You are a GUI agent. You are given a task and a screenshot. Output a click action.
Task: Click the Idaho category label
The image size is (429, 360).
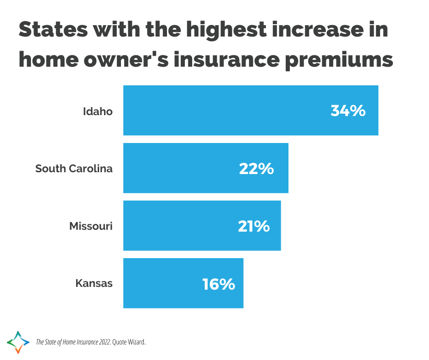pyautogui.click(x=98, y=111)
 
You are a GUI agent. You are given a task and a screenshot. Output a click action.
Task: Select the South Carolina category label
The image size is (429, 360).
pyautogui.click(x=74, y=169)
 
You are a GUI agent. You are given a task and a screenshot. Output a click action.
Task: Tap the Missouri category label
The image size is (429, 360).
pyautogui.click(x=91, y=226)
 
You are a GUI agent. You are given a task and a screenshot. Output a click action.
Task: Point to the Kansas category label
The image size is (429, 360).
pyautogui.click(x=94, y=284)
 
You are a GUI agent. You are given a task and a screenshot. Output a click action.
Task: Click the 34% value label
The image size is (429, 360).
pyautogui.click(x=348, y=111)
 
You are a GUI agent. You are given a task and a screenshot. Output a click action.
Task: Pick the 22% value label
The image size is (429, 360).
pyautogui.click(x=256, y=169)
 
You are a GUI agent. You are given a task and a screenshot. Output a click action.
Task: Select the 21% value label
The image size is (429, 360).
pyautogui.click(x=254, y=226)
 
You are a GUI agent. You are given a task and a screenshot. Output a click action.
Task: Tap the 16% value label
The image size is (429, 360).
pyautogui.click(x=219, y=284)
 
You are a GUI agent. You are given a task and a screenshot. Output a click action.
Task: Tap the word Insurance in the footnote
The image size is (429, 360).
pyautogui.click(x=80, y=342)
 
